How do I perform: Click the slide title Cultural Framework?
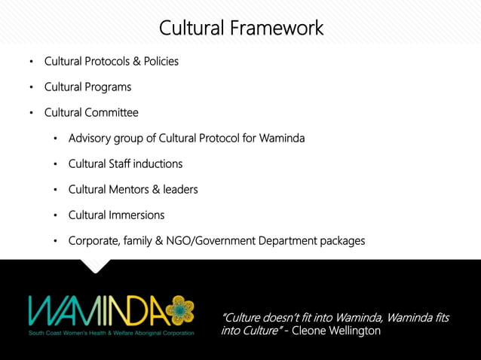click(x=240, y=29)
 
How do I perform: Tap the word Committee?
click(x=114, y=112)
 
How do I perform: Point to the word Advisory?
click(x=90, y=138)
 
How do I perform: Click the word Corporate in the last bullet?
click(x=93, y=240)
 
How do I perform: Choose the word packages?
click(x=340, y=240)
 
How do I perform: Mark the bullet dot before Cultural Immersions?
click(x=56, y=215)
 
